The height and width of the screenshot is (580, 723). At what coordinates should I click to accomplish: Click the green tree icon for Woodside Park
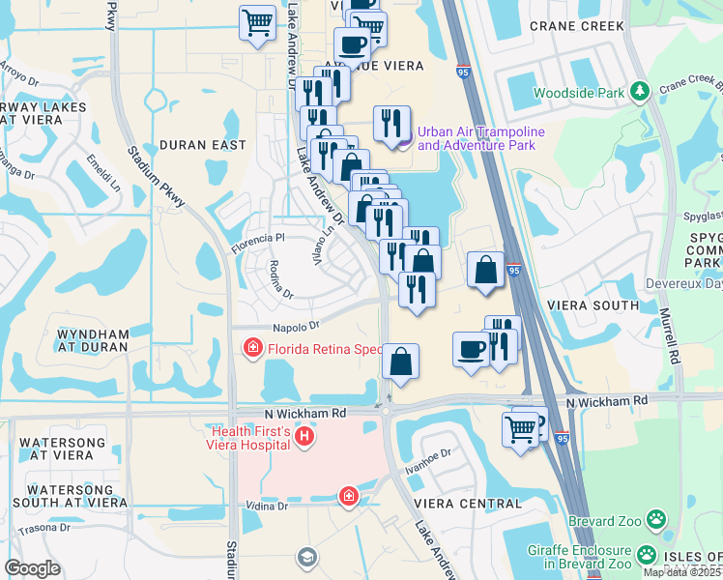638,91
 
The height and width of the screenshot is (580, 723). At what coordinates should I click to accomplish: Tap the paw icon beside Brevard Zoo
656,519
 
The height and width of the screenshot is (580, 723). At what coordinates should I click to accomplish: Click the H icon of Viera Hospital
304,438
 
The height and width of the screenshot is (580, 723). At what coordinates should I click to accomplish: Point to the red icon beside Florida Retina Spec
253,346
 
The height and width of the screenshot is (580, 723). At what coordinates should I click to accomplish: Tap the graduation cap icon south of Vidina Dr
306,557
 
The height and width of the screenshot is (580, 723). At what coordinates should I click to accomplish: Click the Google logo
32,568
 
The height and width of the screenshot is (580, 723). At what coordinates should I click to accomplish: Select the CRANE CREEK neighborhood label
576,27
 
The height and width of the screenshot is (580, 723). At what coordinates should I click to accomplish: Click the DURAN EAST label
197,145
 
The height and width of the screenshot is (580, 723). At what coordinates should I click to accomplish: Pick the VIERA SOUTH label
593,305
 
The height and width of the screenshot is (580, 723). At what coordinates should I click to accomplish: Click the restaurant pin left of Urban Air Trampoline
391,124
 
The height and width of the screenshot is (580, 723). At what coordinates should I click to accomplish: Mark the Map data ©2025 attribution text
682,572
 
